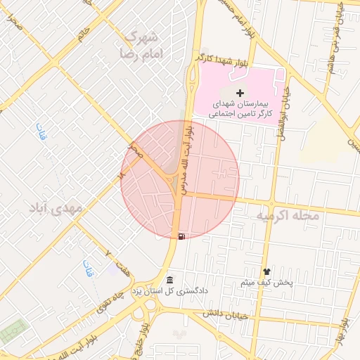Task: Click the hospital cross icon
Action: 240,93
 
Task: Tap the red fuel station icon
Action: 183,236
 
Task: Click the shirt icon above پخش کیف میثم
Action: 266,271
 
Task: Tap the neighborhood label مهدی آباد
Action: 56,209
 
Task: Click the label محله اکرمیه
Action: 287,215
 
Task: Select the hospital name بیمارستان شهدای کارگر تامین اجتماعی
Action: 241,107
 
